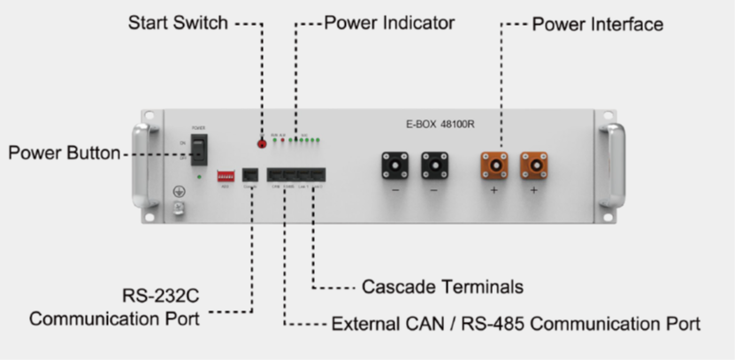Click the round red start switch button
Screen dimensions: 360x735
click(x=262, y=142)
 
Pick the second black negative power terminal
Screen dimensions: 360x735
click(x=434, y=165)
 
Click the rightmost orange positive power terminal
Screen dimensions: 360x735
click(x=533, y=165)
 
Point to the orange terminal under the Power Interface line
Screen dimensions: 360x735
click(x=494, y=165)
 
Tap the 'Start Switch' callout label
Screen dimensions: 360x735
click(x=178, y=21)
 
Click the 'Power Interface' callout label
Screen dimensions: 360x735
click(x=597, y=24)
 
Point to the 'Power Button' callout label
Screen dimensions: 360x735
click(x=64, y=153)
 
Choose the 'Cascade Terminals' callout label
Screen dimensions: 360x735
click(x=442, y=287)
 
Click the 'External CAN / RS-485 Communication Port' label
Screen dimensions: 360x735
click(x=516, y=324)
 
